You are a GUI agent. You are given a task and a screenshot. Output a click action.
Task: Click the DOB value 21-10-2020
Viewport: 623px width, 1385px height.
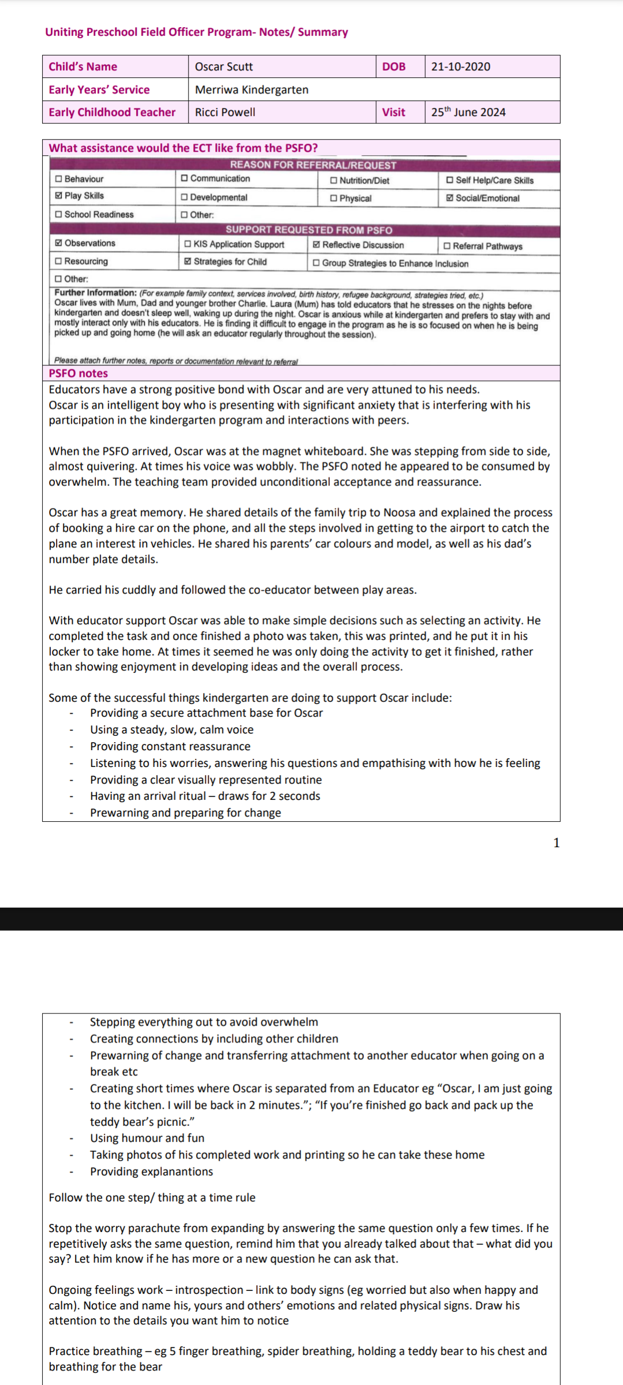coord(460,67)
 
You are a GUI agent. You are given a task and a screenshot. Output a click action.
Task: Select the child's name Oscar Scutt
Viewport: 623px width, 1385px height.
coord(224,67)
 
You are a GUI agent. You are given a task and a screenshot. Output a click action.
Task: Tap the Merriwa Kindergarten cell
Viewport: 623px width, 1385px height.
coord(252,90)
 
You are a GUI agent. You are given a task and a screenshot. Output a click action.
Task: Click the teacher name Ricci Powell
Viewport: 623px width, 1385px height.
coord(225,113)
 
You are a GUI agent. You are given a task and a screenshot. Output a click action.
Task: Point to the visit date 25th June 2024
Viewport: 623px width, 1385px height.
coord(468,113)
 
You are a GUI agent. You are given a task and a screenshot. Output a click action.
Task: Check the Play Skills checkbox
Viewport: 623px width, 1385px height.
coord(58,196)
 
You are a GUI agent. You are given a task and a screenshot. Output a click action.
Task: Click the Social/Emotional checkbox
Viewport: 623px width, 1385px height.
coord(449,198)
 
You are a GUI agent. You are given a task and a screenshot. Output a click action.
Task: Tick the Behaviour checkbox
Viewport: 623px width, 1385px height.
coord(58,179)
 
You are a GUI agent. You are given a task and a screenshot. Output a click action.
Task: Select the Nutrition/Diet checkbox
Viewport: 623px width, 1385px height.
coord(333,181)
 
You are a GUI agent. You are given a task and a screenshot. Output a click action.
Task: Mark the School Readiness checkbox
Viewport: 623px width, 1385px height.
coord(58,215)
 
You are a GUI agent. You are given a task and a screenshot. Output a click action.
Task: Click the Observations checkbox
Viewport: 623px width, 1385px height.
coord(58,243)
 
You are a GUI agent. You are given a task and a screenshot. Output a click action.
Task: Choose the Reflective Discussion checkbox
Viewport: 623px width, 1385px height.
coord(316,245)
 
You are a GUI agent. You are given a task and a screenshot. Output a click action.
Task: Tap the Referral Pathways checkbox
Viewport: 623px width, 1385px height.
coord(447,246)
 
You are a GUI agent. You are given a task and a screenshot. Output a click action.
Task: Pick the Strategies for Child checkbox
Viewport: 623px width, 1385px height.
coord(187,261)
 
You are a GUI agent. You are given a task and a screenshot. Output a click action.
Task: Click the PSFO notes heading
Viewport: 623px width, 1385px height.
coord(78,373)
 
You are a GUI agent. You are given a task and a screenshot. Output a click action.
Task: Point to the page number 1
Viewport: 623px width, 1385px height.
coord(556,843)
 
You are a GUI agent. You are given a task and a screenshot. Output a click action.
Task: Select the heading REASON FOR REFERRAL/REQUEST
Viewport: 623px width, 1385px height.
coord(313,165)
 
